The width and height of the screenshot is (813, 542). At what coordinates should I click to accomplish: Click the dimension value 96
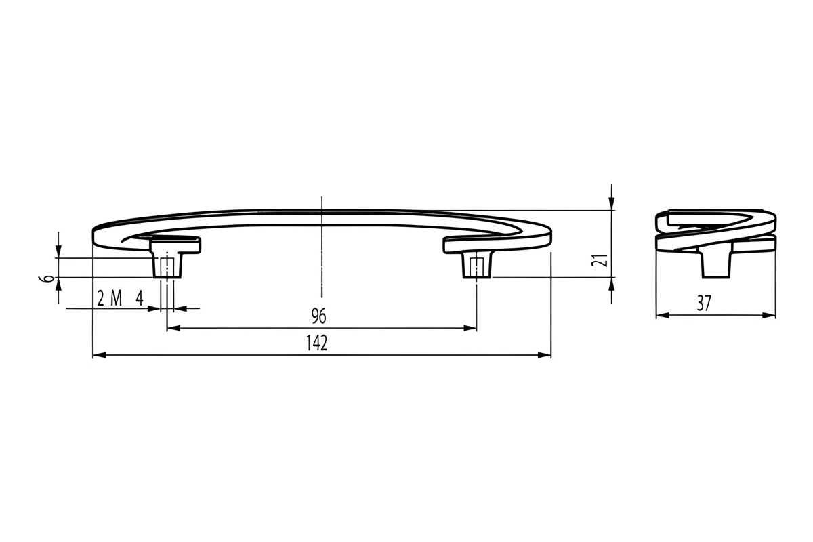(x=318, y=316)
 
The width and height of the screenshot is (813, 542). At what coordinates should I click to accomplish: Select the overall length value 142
(x=317, y=343)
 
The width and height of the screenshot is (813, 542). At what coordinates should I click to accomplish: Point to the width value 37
(x=704, y=303)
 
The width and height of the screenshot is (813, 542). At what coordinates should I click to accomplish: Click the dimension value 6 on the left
(x=43, y=278)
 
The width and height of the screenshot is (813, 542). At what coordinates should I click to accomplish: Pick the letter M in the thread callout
(x=116, y=298)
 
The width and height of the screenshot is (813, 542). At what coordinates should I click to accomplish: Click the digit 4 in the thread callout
(x=140, y=298)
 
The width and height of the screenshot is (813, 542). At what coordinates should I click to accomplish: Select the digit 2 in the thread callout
(x=100, y=298)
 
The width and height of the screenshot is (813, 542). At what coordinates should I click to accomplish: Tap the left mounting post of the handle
(x=167, y=266)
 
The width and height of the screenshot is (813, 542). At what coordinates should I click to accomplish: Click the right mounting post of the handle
(x=477, y=266)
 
